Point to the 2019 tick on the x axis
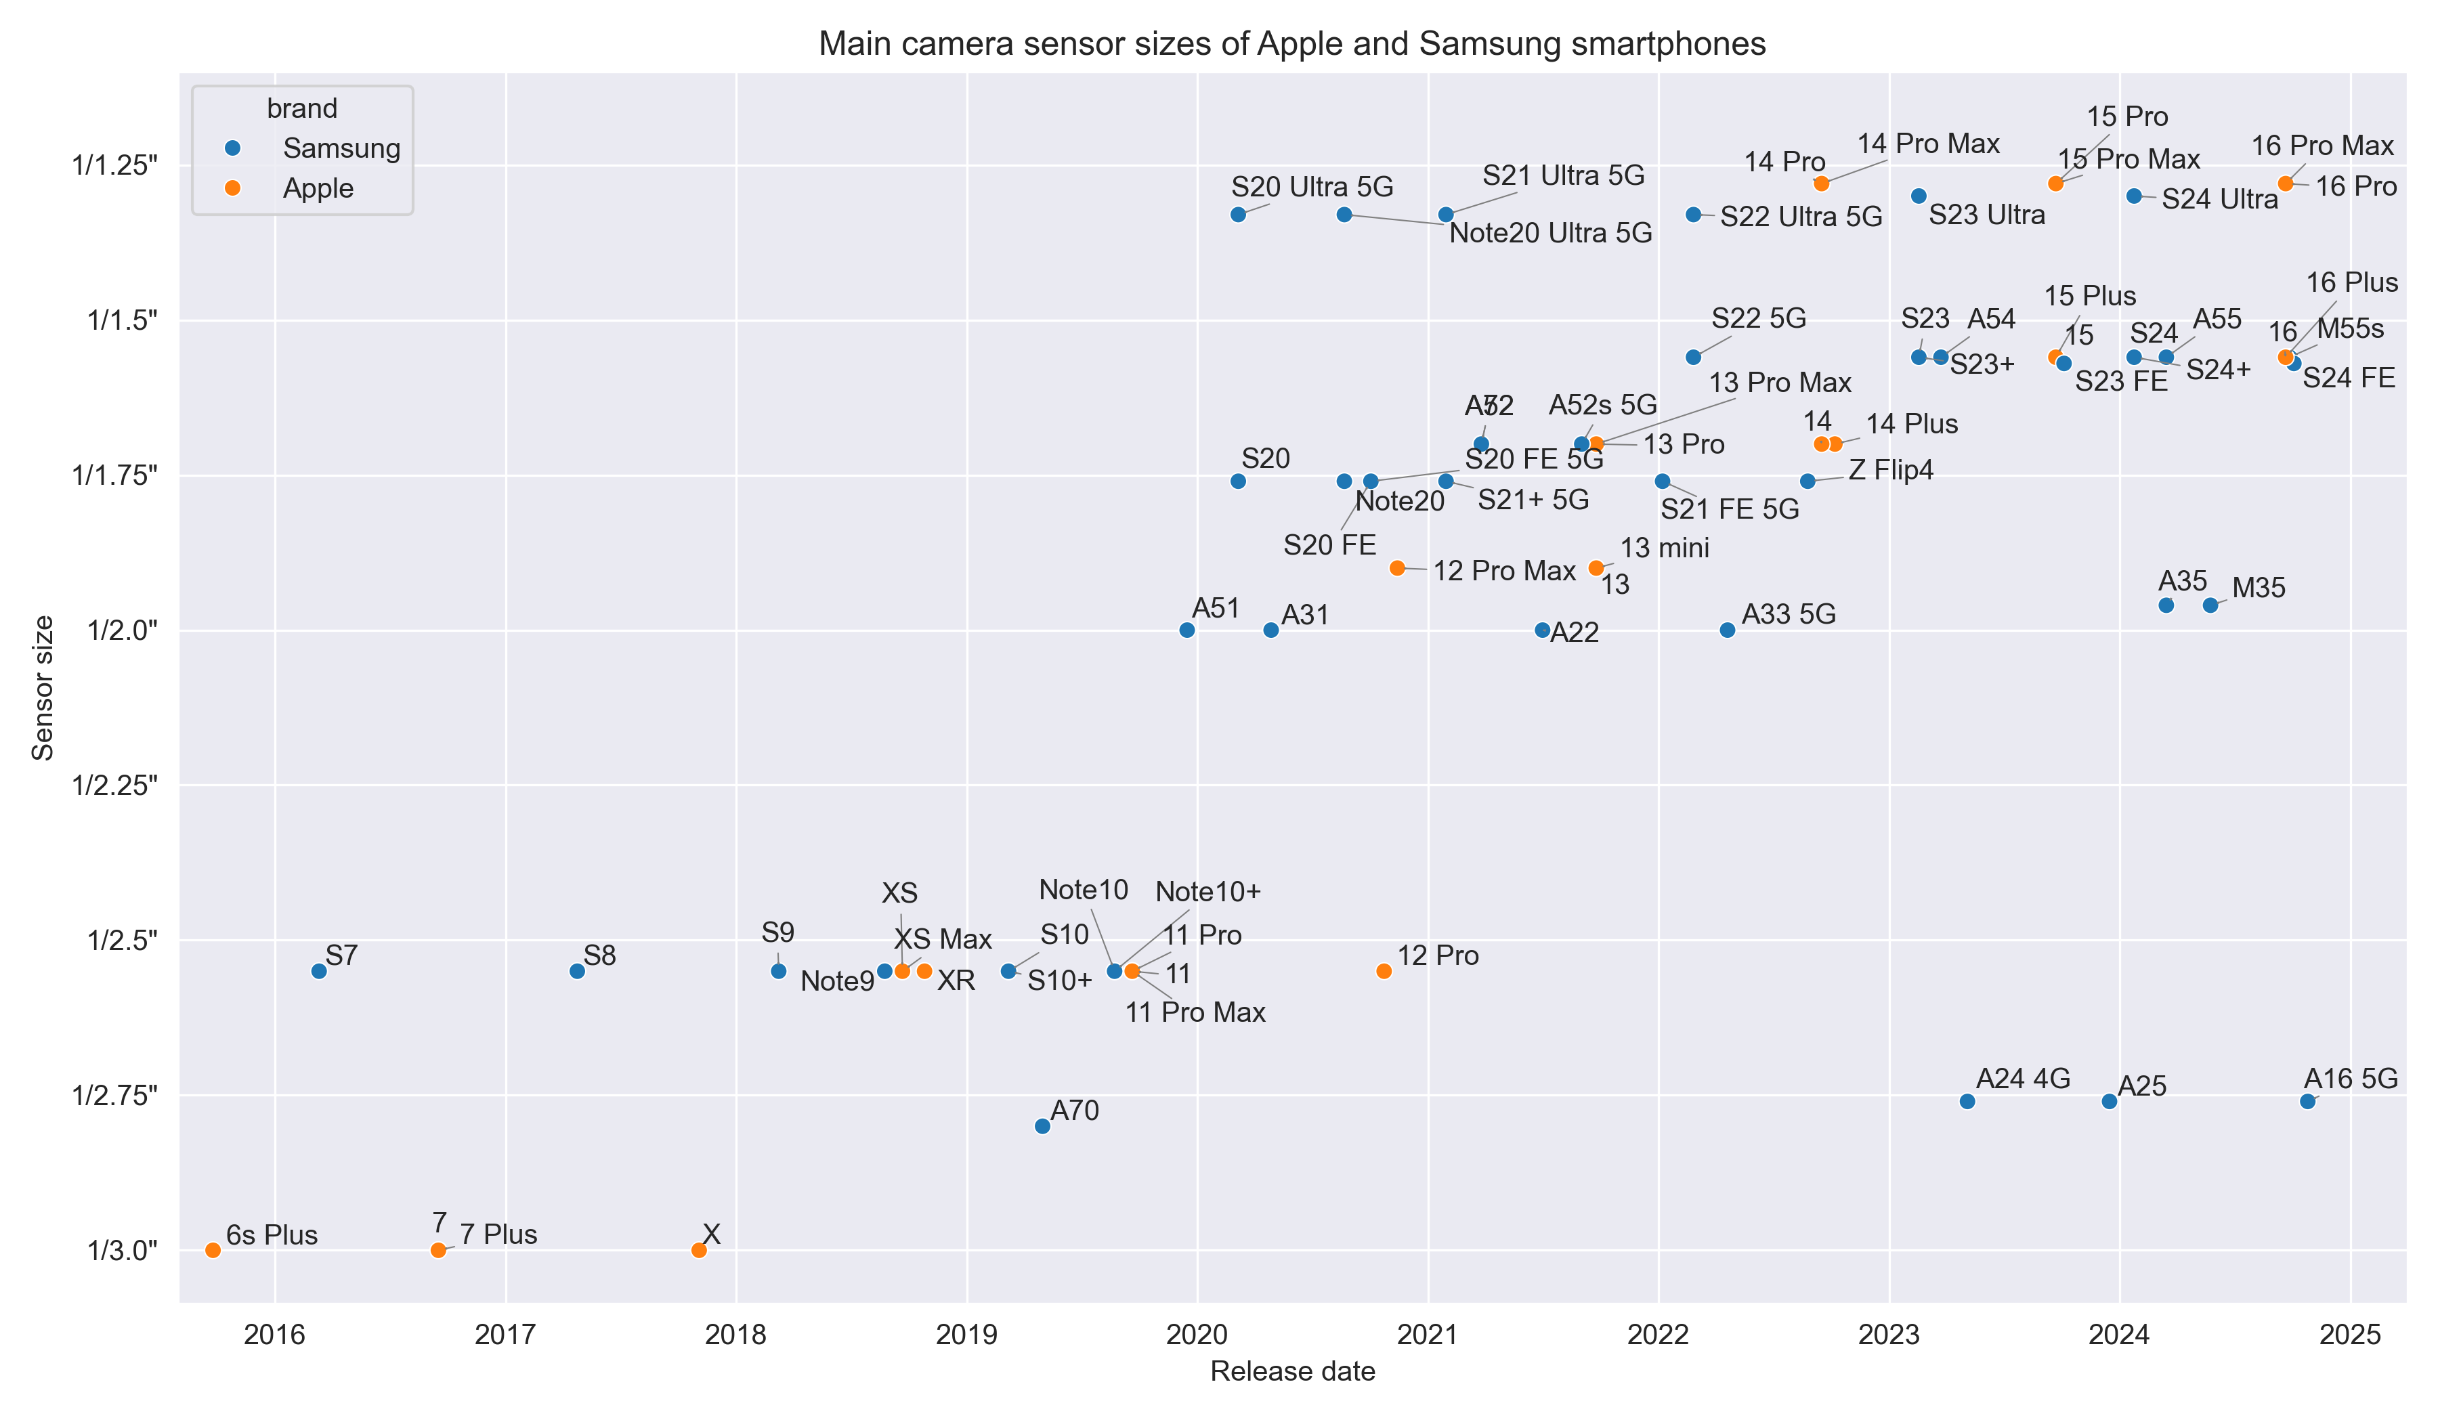(966, 1335)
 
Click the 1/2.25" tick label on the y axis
(114, 785)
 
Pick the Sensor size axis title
(43, 688)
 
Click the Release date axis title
(1291, 1372)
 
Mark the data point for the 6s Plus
(213, 1251)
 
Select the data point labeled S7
(319, 971)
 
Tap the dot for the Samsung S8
(578, 971)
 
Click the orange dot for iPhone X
(698, 1251)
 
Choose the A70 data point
(1042, 1126)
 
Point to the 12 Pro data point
(1384, 971)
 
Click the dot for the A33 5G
(1727, 630)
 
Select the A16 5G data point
(2307, 1102)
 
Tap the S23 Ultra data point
(1919, 196)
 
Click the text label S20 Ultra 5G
(1312, 187)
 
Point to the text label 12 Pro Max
(1503, 571)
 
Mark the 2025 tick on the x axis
(2350, 1335)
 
